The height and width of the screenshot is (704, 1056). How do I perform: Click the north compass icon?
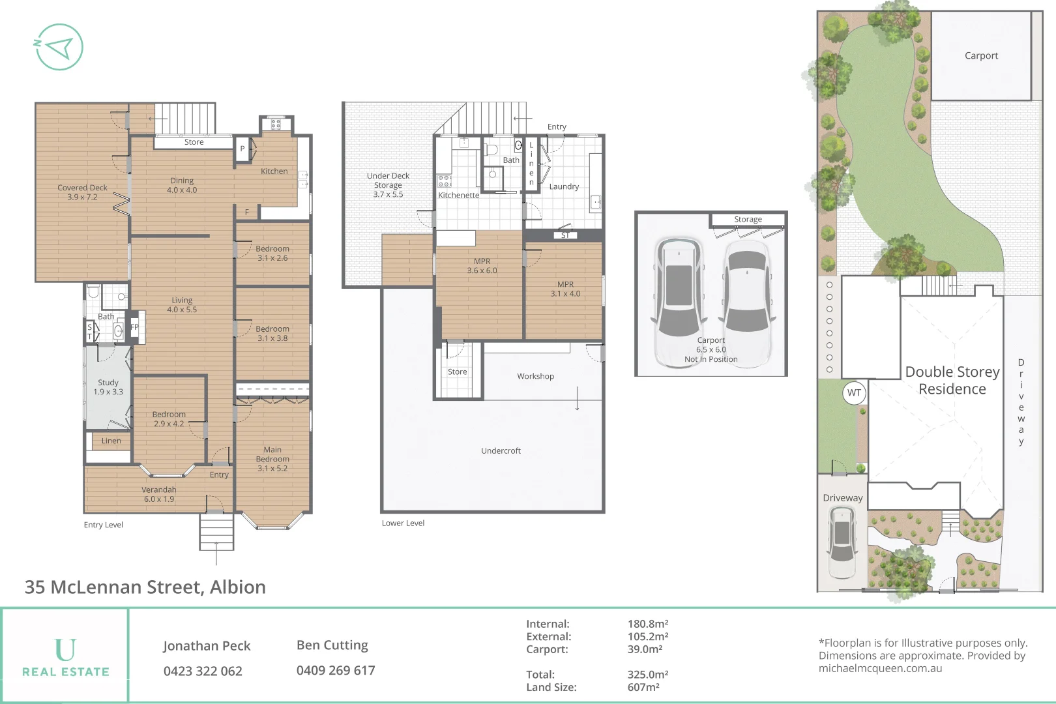(x=59, y=47)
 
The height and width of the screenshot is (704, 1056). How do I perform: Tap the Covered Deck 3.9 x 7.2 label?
(x=82, y=192)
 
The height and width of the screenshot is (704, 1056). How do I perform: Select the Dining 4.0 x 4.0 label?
(x=182, y=185)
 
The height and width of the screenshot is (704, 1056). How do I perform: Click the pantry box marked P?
(x=242, y=149)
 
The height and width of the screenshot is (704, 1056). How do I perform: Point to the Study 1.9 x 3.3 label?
(x=108, y=387)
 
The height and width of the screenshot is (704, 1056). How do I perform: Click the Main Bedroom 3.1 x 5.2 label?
(x=272, y=459)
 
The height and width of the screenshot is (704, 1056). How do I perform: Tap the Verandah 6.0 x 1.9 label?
(x=159, y=494)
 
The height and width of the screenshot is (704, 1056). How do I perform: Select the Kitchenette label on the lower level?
(x=458, y=196)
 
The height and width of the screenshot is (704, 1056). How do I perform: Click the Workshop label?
(x=535, y=376)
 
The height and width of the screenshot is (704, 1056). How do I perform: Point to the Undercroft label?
(x=501, y=450)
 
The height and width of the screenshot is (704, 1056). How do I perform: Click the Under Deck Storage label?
(x=388, y=185)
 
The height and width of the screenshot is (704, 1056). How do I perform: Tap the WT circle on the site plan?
(x=854, y=392)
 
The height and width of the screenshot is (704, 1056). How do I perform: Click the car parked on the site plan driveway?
(x=842, y=541)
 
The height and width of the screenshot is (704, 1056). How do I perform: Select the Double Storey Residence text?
(x=952, y=380)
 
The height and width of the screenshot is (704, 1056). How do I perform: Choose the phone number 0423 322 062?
(x=203, y=671)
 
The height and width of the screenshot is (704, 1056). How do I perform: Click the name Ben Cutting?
(x=332, y=645)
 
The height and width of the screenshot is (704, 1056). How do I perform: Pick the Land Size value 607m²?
(x=643, y=687)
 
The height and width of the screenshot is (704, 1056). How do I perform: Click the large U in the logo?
(x=65, y=649)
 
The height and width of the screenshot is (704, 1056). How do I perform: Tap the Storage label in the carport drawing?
(x=748, y=219)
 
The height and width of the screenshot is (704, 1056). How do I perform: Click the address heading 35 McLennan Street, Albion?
(x=145, y=587)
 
